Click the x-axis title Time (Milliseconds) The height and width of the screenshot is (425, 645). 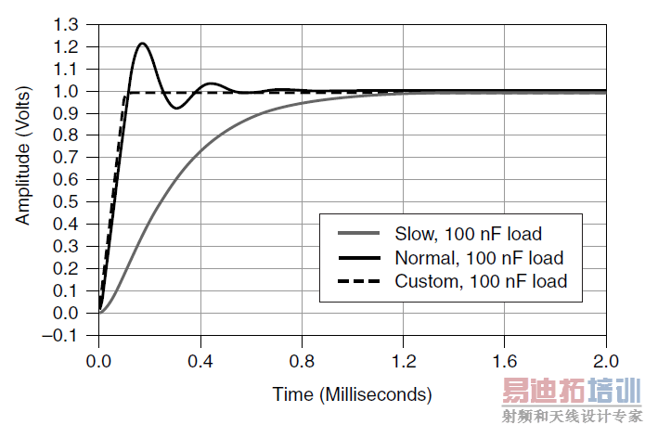[352, 394]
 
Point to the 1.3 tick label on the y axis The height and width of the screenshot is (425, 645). [71, 25]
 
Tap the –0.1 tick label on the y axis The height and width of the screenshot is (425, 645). [68, 336]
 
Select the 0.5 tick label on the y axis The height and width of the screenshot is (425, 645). [71, 202]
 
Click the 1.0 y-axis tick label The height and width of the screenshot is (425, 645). [71, 92]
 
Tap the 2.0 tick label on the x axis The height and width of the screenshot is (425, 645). [606, 359]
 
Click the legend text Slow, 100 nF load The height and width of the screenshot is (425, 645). [468, 234]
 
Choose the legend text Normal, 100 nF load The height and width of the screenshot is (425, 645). [479, 257]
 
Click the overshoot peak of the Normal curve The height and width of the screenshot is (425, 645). [142, 44]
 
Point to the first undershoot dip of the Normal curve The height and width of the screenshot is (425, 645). [176, 109]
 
